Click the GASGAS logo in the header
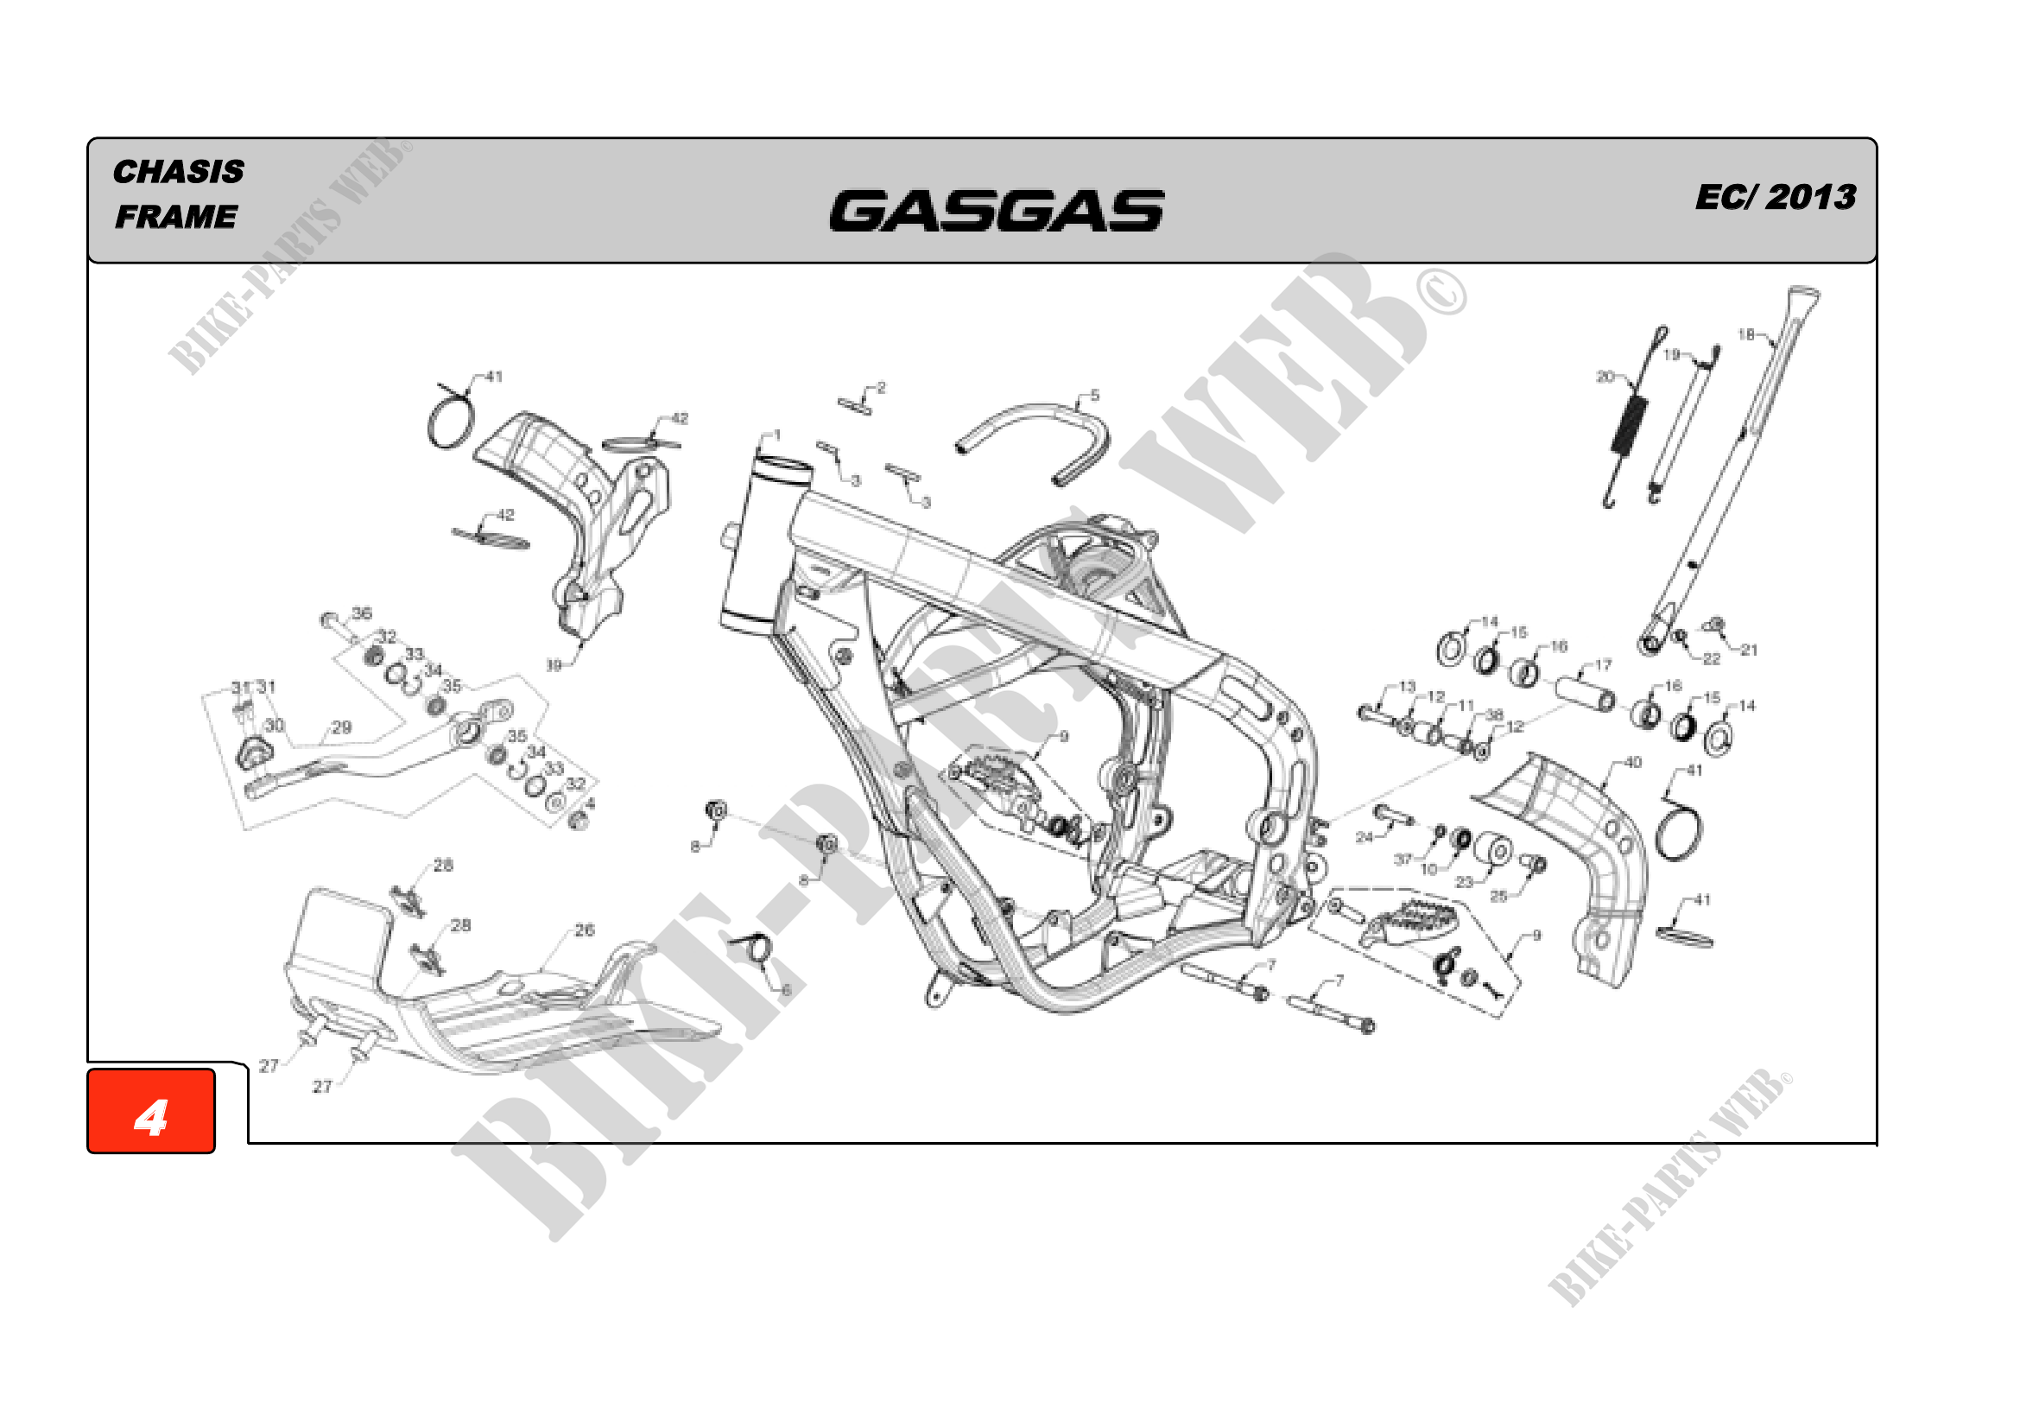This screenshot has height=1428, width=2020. point(996,211)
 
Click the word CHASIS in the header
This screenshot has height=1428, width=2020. point(179,172)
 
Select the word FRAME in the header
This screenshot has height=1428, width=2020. point(176,217)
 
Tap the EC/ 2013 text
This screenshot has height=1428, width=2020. point(1776,197)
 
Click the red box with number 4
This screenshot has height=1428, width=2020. point(151,1110)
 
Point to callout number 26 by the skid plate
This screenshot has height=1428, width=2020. point(585,930)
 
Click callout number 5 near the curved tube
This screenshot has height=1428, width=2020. point(1094,396)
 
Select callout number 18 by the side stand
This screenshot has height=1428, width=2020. point(1745,334)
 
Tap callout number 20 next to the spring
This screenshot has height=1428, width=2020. point(1605,377)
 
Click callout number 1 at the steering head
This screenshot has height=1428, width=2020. point(777,435)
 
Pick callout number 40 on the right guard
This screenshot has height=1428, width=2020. point(1633,762)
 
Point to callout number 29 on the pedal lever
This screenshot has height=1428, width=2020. point(341,727)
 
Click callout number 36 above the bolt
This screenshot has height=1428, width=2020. point(362,612)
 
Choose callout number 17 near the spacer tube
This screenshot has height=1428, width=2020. point(1603,665)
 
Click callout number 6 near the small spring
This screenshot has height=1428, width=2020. point(786,991)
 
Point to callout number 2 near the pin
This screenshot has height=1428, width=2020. point(882,388)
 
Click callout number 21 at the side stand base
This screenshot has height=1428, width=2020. point(1749,651)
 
